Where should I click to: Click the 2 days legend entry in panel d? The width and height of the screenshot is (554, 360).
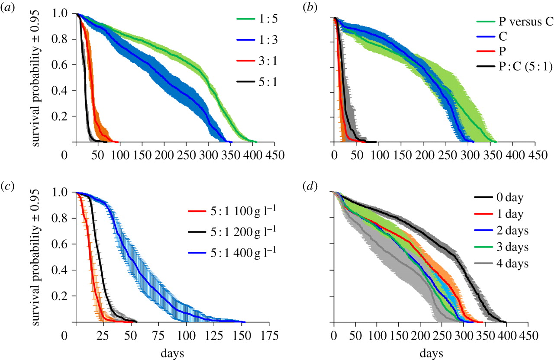[502, 232]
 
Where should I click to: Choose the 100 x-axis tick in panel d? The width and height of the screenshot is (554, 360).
[377, 334]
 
